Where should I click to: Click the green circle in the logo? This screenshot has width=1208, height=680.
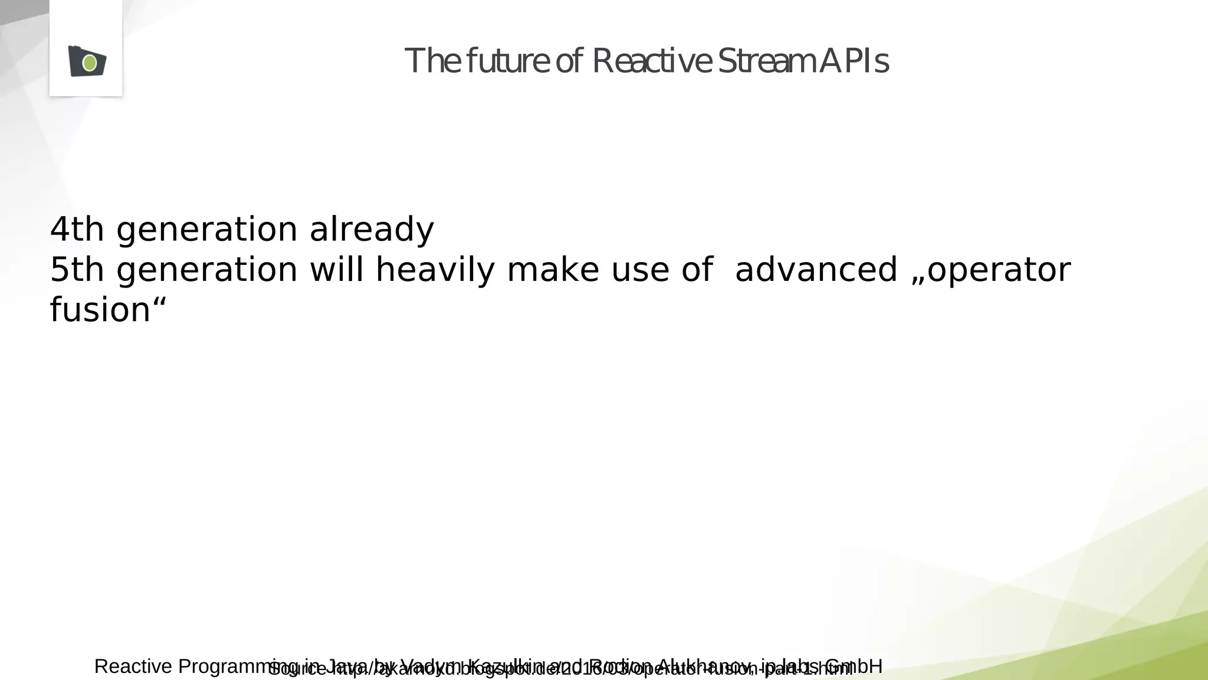coord(90,63)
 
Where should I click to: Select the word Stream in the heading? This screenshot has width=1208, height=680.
coord(765,61)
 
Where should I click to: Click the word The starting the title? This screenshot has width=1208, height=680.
coord(432,61)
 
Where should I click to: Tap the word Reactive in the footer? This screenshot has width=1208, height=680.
coord(133,666)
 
